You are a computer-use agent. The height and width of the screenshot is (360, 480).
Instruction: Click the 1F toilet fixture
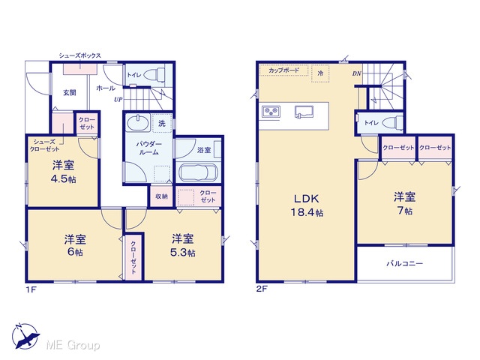(155, 74)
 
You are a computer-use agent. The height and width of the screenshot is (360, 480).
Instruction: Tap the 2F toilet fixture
(393, 122)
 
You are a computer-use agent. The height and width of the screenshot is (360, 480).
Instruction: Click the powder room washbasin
(138, 123)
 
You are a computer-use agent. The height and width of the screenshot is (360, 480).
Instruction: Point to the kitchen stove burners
(271, 111)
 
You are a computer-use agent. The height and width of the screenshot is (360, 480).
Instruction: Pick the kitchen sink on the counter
(304, 112)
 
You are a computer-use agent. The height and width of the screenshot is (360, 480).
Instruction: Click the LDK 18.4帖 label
(307, 205)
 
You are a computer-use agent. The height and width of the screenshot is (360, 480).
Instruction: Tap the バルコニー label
(405, 263)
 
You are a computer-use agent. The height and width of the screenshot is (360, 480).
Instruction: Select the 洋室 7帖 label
(404, 203)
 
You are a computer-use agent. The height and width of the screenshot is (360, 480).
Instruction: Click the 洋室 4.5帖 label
(63, 172)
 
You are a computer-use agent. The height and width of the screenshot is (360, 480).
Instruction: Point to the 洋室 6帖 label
(75, 245)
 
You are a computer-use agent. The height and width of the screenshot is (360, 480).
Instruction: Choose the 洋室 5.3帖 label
(183, 245)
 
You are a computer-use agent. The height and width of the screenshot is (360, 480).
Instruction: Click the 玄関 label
(70, 92)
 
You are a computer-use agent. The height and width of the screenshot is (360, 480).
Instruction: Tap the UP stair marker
(118, 100)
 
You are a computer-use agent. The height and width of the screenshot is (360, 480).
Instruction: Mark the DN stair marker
(357, 73)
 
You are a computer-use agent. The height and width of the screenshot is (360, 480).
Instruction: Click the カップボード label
(283, 70)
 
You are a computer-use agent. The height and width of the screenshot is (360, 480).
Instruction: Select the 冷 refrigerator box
(320, 73)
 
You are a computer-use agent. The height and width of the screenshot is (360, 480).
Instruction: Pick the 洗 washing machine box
(162, 123)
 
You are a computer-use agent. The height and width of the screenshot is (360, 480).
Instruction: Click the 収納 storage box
(162, 196)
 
